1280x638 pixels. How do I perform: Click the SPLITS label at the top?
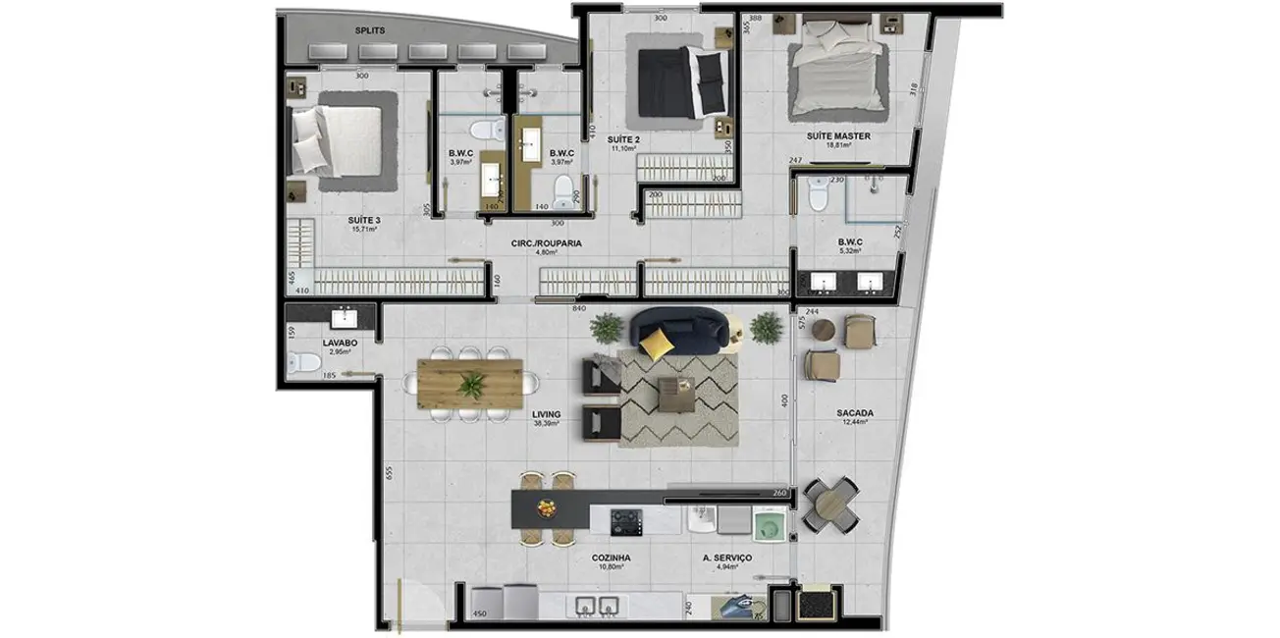[366, 30]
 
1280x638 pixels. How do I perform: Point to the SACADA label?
[855, 413]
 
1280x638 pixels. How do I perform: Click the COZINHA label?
[611, 557]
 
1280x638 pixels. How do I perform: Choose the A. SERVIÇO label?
[727, 557]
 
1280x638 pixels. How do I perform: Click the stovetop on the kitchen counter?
[625, 521]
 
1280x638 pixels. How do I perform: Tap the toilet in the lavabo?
[303, 365]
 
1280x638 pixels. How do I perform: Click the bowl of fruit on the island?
[546, 507]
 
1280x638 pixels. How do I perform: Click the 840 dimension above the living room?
[579, 308]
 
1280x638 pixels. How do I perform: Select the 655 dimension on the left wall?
[389, 472]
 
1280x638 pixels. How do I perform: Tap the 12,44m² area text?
[855, 424]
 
